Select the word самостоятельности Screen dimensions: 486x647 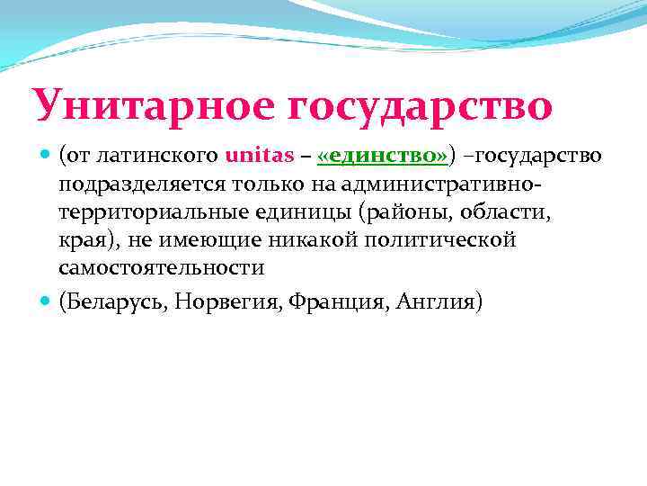162,268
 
